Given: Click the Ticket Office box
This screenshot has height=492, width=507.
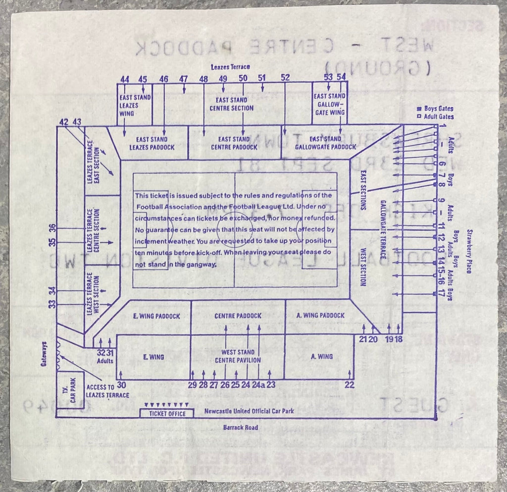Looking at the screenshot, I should (166, 414).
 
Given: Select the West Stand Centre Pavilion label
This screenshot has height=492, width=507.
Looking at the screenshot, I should (238, 356).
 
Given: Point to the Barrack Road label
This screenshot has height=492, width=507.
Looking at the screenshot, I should (240, 428).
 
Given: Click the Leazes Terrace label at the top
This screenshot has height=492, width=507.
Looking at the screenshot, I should (230, 66).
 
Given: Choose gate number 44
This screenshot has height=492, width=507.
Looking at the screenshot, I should (125, 79).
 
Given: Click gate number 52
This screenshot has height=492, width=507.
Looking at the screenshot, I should (285, 78).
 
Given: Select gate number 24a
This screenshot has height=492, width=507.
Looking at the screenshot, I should (258, 384).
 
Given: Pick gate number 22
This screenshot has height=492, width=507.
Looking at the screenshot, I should (350, 385).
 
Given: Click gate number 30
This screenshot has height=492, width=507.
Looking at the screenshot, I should (121, 385).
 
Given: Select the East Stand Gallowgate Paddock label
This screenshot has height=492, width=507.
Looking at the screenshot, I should (325, 143).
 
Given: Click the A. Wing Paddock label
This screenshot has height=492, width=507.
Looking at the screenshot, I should (321, 316).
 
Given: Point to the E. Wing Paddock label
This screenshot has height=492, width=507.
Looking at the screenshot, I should (156, 316).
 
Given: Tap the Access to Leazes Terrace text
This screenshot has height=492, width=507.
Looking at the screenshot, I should (107, 391).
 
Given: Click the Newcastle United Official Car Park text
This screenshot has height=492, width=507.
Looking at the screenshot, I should (246, 411).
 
